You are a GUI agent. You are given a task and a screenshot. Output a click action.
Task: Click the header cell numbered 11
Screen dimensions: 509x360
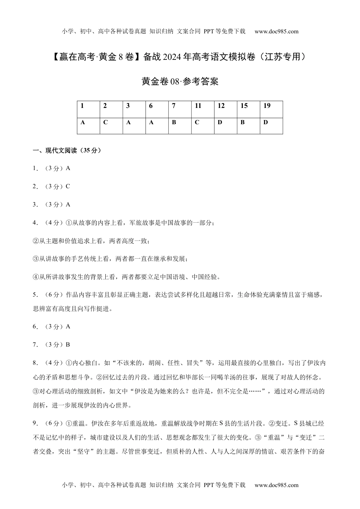click(x=202, y=109)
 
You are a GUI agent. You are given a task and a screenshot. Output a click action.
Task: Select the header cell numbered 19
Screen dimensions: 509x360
click(x=271, y=109)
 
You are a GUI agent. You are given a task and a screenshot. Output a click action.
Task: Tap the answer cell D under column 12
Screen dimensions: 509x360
click(x=225, y=126)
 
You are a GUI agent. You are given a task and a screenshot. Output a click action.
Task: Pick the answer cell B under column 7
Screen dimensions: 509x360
click(x=179, y=126)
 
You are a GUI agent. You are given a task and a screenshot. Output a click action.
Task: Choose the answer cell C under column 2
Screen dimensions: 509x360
click(x=111, y=126)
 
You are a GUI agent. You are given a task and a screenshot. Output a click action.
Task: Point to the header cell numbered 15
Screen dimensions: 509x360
click(x=248, y=109)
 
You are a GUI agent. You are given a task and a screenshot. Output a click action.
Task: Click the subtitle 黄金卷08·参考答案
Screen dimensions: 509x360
click(x=180, y=81)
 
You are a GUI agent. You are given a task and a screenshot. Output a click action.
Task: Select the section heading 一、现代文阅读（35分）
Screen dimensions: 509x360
click(x=67, y=150)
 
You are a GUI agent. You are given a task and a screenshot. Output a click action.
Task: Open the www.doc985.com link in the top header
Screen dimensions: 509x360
click(x=276, y=31)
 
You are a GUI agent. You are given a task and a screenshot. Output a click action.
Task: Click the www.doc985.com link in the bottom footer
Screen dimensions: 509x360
click(x=276, y=485)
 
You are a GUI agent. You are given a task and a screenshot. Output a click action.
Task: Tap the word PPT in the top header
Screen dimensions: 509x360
click(x=209, y=31)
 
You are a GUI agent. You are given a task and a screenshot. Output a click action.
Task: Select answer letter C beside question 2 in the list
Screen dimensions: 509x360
click(x=68, y=186)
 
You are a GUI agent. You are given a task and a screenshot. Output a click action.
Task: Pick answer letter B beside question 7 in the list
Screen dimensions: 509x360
click(x=68, y=345)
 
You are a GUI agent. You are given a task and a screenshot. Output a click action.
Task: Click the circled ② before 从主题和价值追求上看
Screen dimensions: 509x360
click(x=36, y=241)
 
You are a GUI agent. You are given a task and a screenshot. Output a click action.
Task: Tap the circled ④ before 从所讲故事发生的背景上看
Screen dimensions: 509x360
click(x=36, y=277)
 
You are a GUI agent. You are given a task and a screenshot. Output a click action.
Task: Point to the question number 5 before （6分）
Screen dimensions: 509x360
click(x=35, y=295)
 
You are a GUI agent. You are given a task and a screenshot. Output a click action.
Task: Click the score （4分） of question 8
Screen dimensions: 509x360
click(x=53, y=363)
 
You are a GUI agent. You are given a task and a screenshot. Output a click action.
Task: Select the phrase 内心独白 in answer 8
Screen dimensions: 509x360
click(x=85, y=363)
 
